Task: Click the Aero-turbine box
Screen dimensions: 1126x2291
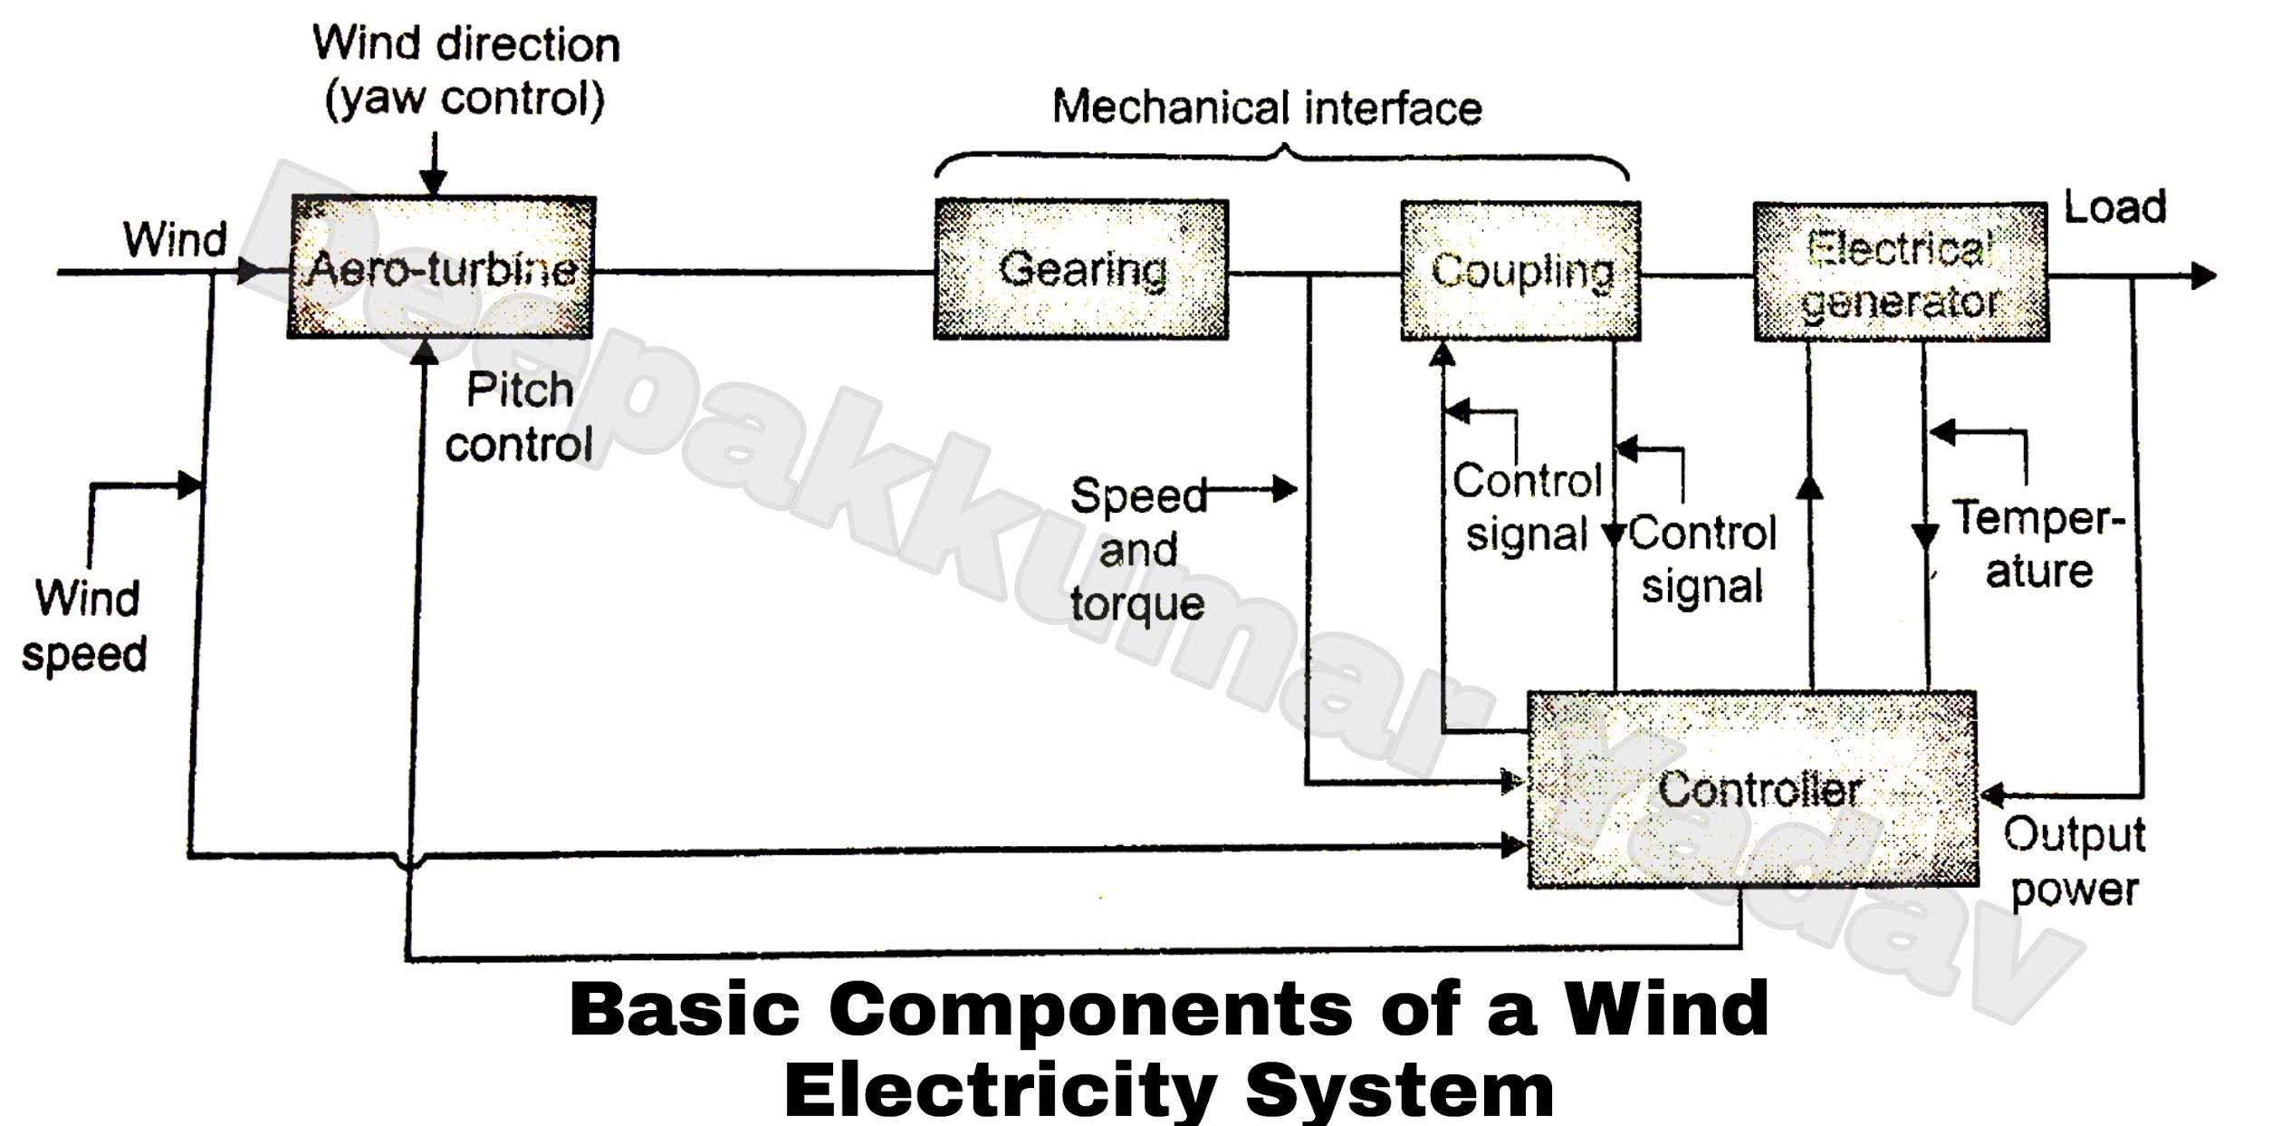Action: [x=441, y=268]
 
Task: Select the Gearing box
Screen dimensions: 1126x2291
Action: [x=1081, y=270]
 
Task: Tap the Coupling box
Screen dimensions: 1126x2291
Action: [x=1520, y=272]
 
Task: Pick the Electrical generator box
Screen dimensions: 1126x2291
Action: [x=1900, y=273]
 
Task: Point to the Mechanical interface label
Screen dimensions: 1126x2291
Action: [x=1266, y=107]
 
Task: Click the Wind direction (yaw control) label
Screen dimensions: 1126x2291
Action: [x=465, y=71]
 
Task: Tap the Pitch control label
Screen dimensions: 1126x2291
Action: [x=519, y=418]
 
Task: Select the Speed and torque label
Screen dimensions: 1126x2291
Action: [x=1137, y=550]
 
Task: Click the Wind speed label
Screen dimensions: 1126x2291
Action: [x=84, y=626]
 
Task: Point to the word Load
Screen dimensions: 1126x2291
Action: [x=2114, y=207]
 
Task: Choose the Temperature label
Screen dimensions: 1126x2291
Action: [x=2037, y=544]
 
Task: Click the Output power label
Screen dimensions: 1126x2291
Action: [x=2074, y=861]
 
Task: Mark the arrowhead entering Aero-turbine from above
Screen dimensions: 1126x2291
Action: [x=434, y=184]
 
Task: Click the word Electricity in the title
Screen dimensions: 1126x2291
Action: [x=1001, y=1090]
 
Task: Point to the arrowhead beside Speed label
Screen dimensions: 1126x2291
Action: [x=1283, y=490]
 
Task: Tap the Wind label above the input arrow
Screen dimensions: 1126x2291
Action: [x=175, y=240]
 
